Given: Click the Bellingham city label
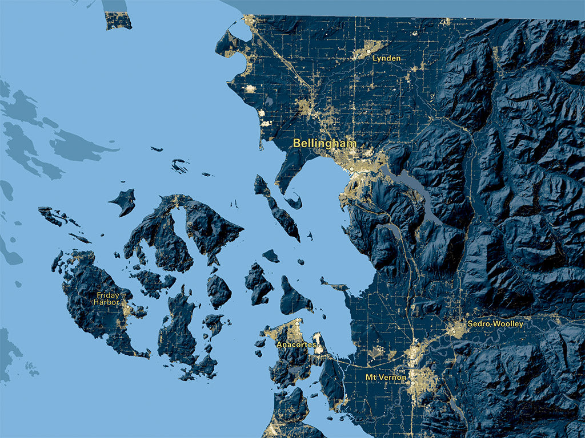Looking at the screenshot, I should pos(324,143).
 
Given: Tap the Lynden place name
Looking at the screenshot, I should pos(386,58).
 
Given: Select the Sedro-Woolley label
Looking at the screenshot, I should pos(495,323).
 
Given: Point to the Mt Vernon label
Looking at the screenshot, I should pos(386,377).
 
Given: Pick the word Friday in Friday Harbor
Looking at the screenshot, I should pos(107,295).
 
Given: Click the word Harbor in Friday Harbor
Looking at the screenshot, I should pos(107,302).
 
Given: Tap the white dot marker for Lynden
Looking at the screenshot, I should pos(368,52).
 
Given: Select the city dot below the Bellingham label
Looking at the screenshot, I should pos(352,169).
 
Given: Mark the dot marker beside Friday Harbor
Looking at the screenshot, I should pos(127,310).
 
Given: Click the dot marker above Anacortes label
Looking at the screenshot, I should pos(297,323).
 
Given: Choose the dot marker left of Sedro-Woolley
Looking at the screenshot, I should pos(454,330).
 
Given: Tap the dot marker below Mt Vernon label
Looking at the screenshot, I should pos(412,384).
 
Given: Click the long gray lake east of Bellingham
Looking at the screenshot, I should pos(420,191).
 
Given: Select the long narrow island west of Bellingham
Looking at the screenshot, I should pos(277,208).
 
